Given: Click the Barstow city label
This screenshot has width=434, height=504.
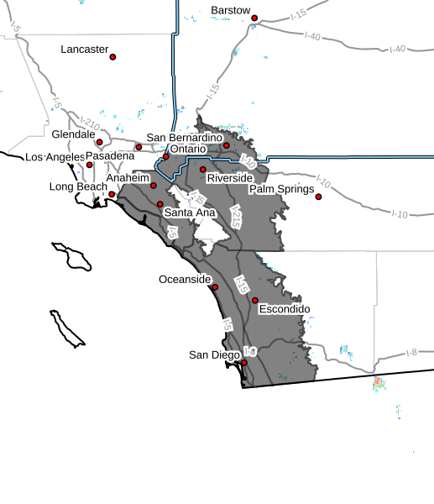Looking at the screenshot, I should click(230, 10).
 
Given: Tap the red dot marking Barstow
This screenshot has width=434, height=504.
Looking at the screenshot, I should click(254, 18).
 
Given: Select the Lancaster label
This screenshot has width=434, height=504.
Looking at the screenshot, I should click(85, 50).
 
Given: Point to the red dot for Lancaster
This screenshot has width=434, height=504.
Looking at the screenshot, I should click(112, 57).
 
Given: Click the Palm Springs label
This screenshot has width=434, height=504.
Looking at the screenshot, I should click(280, 189).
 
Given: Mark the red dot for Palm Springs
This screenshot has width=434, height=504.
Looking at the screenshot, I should click(318, 197).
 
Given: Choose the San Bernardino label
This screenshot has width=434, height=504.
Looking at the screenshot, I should click(184, 137).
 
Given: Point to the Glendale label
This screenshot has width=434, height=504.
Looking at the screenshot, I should click(74, 134).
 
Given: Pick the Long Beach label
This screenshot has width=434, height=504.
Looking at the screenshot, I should click(75, 186).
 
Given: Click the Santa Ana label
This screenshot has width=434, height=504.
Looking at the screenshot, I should click(189, 213).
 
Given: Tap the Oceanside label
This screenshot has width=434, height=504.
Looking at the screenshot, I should click(184, 279).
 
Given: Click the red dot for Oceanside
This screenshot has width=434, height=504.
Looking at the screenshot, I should click(215, 286).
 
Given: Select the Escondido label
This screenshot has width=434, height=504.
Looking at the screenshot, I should click(285, 309).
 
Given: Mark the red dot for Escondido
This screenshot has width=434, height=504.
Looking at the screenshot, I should click(255, 300).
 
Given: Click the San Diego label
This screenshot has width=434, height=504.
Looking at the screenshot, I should click(214, 354).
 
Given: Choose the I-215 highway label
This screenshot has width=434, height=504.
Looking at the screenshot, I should click(235, 220).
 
